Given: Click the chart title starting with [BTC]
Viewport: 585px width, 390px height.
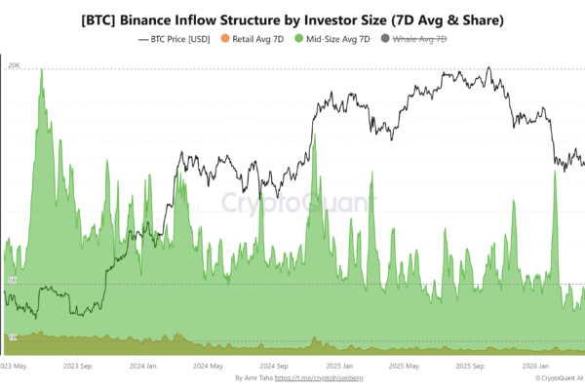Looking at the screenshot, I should coord(292,19).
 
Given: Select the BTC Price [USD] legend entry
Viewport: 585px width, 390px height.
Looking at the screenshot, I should coord(177,39).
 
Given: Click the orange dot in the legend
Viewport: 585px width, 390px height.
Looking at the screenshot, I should coord(223,39).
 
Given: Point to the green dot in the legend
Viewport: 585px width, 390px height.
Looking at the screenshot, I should coord(300,39).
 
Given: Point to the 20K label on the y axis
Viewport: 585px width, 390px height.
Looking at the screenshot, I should coord(13,66).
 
